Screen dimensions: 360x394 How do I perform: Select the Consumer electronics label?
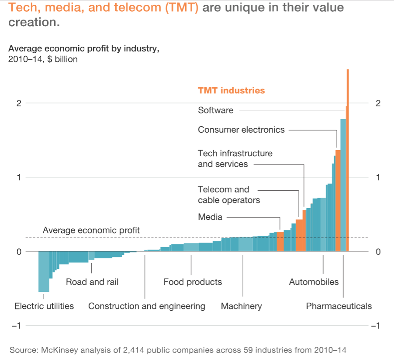[241, 130]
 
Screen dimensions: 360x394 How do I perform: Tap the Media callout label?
[210, 217]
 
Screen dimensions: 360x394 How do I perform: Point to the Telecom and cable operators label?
[228, 195]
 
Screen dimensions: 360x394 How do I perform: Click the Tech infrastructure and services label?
[235, 159]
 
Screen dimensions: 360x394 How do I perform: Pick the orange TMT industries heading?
[232, 91]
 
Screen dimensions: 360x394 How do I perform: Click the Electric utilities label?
[44, 306]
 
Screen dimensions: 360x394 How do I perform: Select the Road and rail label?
[92, 282]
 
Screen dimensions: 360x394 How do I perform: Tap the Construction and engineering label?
[147, 306]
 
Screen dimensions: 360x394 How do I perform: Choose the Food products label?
[193, 282]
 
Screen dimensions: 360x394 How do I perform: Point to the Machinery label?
[241, 306]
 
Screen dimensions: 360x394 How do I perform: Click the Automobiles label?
[314, 282]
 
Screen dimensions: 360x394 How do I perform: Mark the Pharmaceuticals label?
[339, 306]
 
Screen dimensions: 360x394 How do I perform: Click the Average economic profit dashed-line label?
[91, 230]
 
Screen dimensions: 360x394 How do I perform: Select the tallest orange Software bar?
[348, 161]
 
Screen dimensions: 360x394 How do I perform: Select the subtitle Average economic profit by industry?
[83, 49]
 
